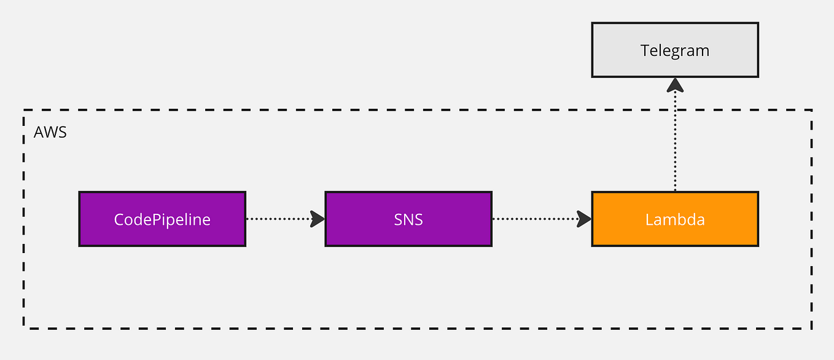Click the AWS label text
(50, 132)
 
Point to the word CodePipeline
(162, 219)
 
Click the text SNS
(408, 219)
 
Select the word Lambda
(675, 219)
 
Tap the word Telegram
(675, 50)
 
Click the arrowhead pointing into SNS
(318, 219)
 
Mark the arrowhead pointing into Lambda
(584, 219)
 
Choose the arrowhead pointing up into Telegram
(675, 85)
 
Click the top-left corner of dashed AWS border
(24, 111)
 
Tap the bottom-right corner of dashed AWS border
(812, 328)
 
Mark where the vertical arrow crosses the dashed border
(675, 111)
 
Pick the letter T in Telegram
(645, 50)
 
